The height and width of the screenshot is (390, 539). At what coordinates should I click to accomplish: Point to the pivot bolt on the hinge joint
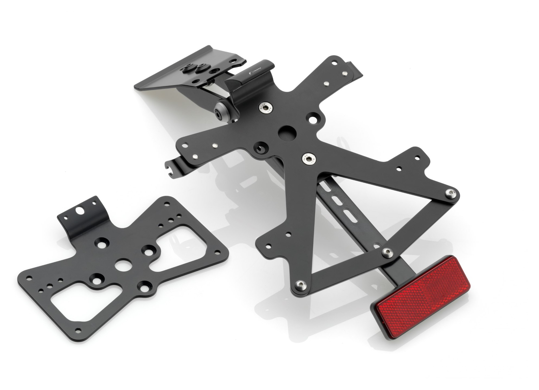tap(219, 111)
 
